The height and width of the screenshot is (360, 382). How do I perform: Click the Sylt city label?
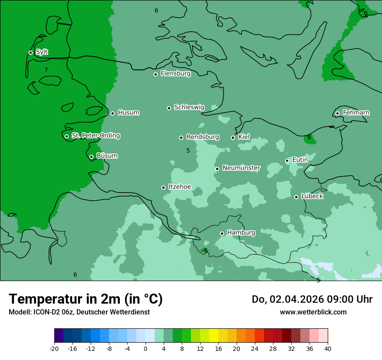pos(42,52)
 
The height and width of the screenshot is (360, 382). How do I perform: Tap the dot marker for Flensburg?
pos(155,74)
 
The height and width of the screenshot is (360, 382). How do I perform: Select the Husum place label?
pos(128,113)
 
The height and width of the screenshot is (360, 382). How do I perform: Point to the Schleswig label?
pos(189,107)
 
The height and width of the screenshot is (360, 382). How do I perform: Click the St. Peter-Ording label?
pos(95,136)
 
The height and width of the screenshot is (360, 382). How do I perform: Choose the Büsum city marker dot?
pos(91,157)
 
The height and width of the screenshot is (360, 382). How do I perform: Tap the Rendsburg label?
pos(203,137)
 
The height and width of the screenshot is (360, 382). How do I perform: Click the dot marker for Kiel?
pos(233,137)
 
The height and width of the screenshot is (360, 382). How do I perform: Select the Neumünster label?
pos(241,168)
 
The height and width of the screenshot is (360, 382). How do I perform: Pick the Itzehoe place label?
pos(180,187)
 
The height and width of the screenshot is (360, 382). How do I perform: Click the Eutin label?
pos(300,160)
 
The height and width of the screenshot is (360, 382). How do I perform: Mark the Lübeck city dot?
pos(296,197)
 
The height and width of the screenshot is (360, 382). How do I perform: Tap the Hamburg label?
pos(241,233)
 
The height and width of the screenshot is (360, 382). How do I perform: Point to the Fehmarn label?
pos(356,113)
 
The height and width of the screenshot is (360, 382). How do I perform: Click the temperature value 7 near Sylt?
pos(46,70)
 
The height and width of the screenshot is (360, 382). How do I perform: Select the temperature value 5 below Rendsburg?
pos(188,151)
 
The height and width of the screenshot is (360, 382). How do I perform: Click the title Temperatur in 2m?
pos(86,299)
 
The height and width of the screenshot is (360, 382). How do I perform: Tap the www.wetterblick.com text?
pos(313,312)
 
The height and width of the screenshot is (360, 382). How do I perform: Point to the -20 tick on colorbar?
pos(54,349)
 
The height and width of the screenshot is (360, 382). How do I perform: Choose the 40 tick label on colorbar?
pos(328,349)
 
